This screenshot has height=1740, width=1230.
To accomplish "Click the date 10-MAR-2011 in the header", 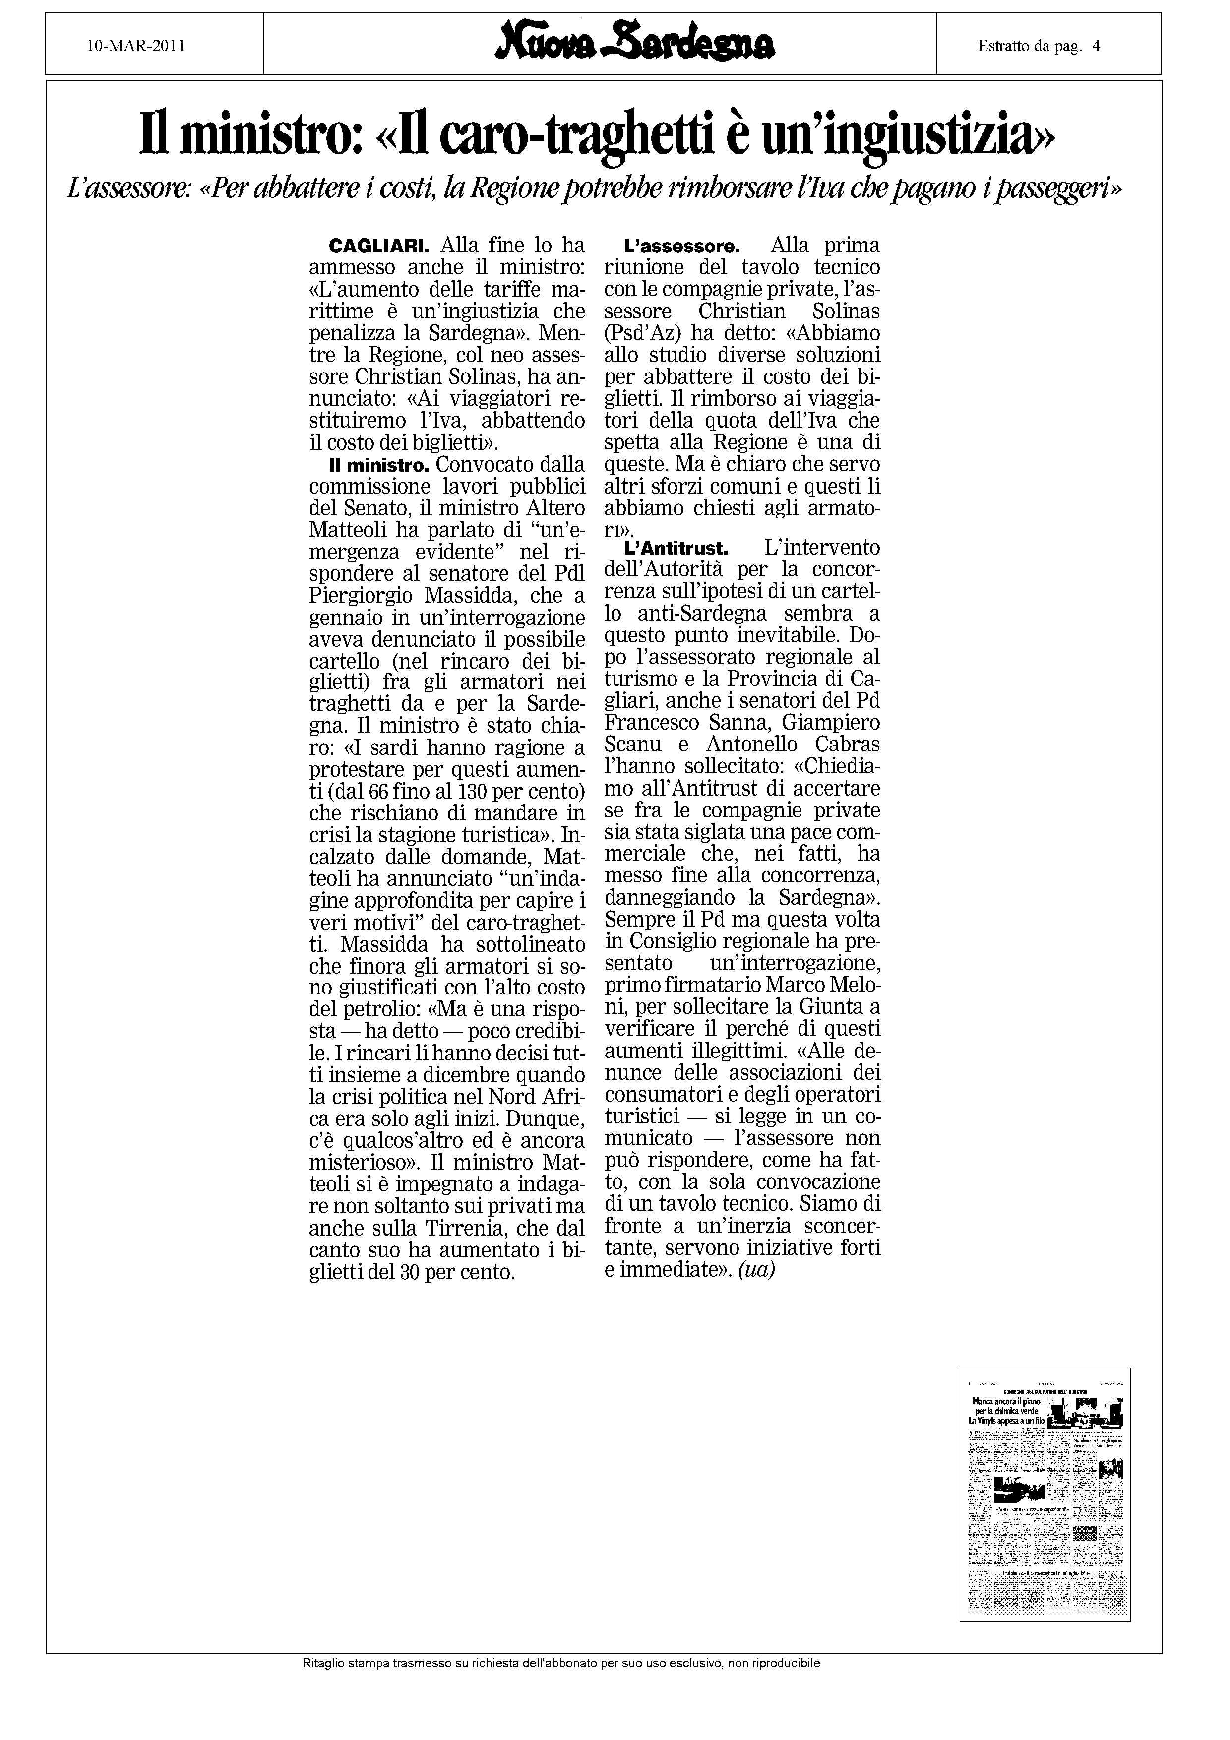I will (136, 46).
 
